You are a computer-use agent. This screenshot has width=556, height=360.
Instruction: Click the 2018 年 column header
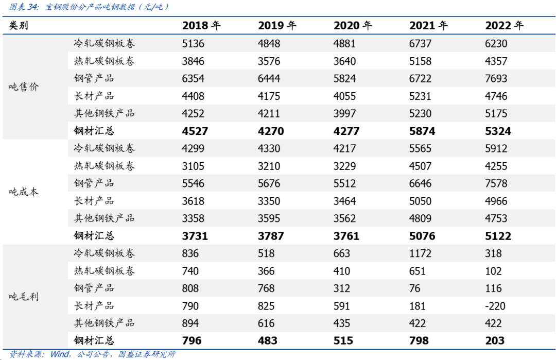click(201, 26)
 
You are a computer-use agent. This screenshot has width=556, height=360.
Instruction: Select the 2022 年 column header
click(504, 26)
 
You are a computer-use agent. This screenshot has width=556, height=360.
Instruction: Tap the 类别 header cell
click(19, 26)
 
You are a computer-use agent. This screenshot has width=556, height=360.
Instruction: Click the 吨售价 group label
click(23, 87)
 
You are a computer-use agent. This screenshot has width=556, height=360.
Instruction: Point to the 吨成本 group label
click(23, 192)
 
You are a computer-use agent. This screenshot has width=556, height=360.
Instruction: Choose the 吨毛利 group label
click(23, 297)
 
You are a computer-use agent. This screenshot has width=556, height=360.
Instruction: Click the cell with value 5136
click(193, 44)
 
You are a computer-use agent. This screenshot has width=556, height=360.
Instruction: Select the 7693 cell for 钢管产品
click(496, 78)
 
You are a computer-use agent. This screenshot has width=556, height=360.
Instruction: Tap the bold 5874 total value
click(422, 131)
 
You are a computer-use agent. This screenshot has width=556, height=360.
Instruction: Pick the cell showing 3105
click(193, 166)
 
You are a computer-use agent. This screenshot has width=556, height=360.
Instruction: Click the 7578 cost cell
click(496, 183)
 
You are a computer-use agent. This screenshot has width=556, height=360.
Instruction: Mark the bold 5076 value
click(422, 236)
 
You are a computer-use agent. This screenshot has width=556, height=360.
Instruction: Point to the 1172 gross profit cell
click(420, 253)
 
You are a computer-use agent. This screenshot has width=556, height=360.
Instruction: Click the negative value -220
click(495, 306)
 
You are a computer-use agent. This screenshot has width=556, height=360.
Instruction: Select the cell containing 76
click(414, 288)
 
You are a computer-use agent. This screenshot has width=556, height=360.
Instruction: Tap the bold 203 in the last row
click(495, 341)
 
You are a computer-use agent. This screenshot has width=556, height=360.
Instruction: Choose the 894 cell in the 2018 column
click(190, 323)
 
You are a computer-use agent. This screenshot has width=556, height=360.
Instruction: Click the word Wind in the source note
click(60, 354)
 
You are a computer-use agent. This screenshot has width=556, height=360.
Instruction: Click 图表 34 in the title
click(23, 7)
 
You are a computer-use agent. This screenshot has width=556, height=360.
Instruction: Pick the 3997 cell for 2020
click(344, 113)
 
